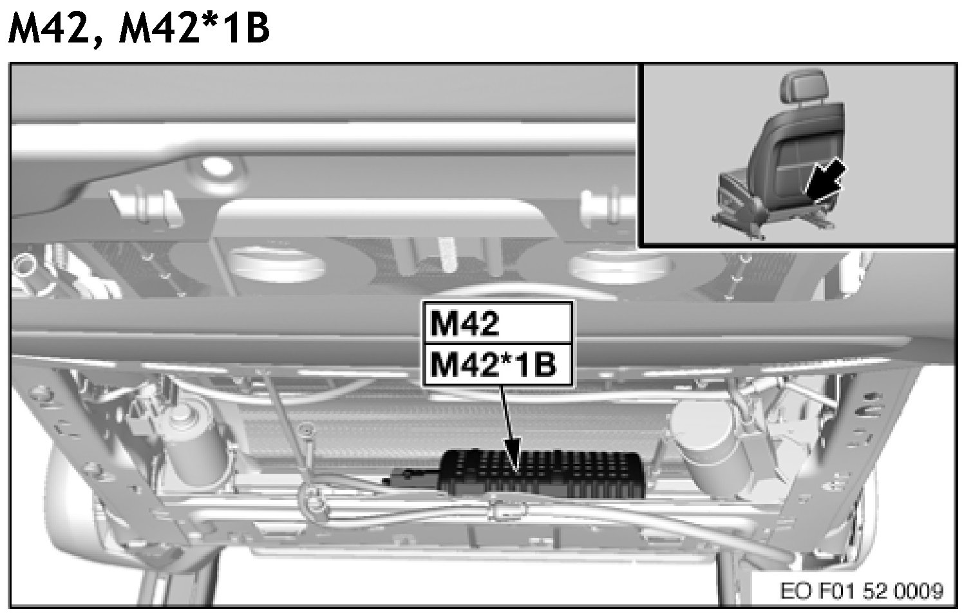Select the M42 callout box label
[465, 324]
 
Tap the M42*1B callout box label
[493, 366]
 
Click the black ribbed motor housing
[541, 474]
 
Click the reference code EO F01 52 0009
[862, 591]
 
